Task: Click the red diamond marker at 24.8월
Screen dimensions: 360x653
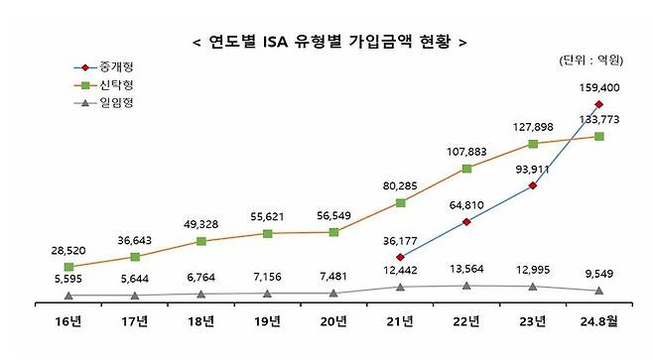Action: tap(598, 103)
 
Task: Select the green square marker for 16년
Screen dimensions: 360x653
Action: tap(68, 267)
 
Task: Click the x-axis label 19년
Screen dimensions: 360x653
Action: tap(268, 322)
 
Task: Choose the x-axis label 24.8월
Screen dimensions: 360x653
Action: tap(598, 322)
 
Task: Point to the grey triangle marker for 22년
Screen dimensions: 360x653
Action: tap(466, 286)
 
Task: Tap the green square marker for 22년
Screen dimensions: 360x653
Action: tap(466, 169)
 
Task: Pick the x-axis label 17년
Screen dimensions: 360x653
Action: tap(135, 322)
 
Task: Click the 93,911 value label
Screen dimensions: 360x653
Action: tap(532, 168)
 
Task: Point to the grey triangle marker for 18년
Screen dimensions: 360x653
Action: tap(201, 294)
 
